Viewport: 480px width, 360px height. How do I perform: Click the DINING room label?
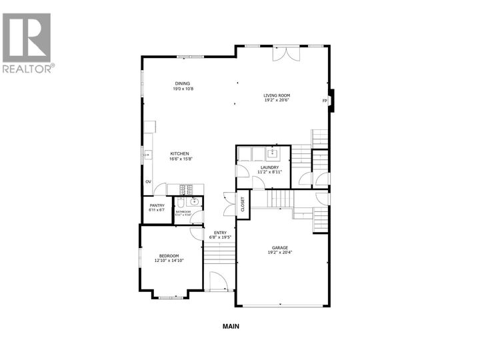[x=183, y=83]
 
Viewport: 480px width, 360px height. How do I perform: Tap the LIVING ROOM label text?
[x=276, y=95]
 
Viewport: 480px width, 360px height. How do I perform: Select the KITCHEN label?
[x=179, y=153]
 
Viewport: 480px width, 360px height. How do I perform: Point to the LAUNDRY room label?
[x=269, y=167]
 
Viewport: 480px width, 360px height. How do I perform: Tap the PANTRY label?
[x=157, y=205]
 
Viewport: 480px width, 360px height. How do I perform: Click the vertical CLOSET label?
[x=243, y=204]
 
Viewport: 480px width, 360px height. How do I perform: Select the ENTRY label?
[x=219, y=232]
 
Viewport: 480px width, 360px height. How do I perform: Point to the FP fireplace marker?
[x=325, y=101]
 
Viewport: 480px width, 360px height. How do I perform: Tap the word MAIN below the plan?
[x=230, y=327]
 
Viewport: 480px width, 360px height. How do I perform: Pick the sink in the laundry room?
[x=273, y=153]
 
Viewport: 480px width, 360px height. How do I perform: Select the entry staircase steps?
[x=219, y=253]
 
